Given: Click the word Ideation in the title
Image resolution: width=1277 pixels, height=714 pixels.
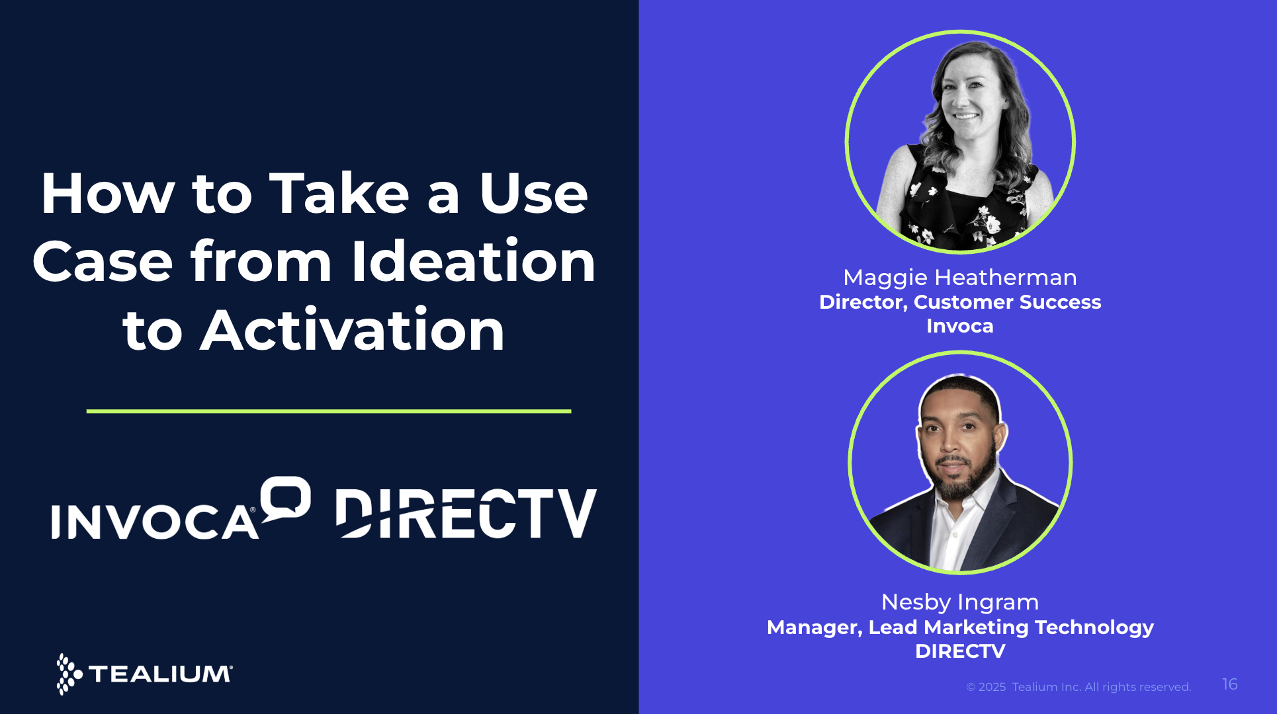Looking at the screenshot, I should pyautogui.click(x=473, y=262).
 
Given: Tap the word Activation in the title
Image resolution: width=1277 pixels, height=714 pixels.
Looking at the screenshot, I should pyautogui.click(x=353, y=331).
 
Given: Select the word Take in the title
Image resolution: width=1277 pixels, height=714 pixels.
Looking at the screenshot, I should pyautogui.click(x=339, y=194).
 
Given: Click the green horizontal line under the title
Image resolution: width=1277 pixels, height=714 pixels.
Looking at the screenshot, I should pyautogui.click(x=328, y=411).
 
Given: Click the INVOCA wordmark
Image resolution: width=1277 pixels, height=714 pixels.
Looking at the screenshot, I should pyautogui.click(x=155, y=522).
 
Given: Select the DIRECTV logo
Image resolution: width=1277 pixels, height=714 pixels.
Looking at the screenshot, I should pyautogui.click(x=466, y=514).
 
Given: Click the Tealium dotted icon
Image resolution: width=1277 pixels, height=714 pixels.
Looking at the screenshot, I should pyautogui.click(x=68, y=674).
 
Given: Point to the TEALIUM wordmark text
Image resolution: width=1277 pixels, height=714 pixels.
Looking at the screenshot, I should pyautogui.click(x=160, y=674).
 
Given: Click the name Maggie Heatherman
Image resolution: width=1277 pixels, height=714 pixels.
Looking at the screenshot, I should pyautogui.click(x=959, y=278).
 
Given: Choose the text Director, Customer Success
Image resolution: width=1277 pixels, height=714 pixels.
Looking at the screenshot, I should pyautogui.click(x=959, y=302).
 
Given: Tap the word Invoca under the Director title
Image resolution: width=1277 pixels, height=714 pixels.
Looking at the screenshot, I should pyautogui.click(x=959, y=326).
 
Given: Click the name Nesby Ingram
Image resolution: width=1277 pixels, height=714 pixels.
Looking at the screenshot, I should pyautogui.click(x=959, y=602).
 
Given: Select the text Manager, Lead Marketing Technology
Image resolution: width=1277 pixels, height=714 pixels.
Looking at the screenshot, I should pyautogui.click(x=959, y=627).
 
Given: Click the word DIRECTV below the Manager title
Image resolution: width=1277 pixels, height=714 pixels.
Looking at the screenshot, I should pyautogui.click(x=959, y=651).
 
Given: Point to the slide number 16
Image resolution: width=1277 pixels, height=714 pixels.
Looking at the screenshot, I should pyautogui.click(x=1229, y=684).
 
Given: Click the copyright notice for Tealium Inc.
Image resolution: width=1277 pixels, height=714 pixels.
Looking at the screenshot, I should pyautogui.click(x=1078, y=687).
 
